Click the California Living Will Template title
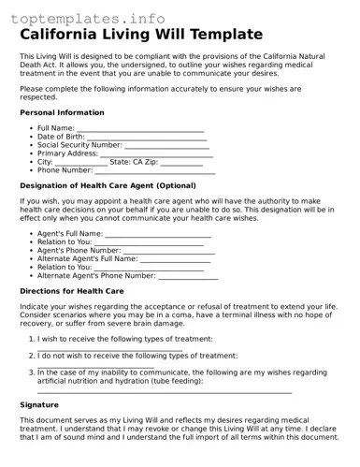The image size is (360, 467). point(141,35)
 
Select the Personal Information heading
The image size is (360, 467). point(62,112)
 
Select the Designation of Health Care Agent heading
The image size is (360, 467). point(108,185)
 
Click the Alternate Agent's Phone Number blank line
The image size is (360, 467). point(188,275)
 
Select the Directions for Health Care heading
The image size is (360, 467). point(71,291)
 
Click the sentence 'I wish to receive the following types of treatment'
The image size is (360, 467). point(124,339)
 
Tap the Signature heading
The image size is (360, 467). point(39,405)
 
